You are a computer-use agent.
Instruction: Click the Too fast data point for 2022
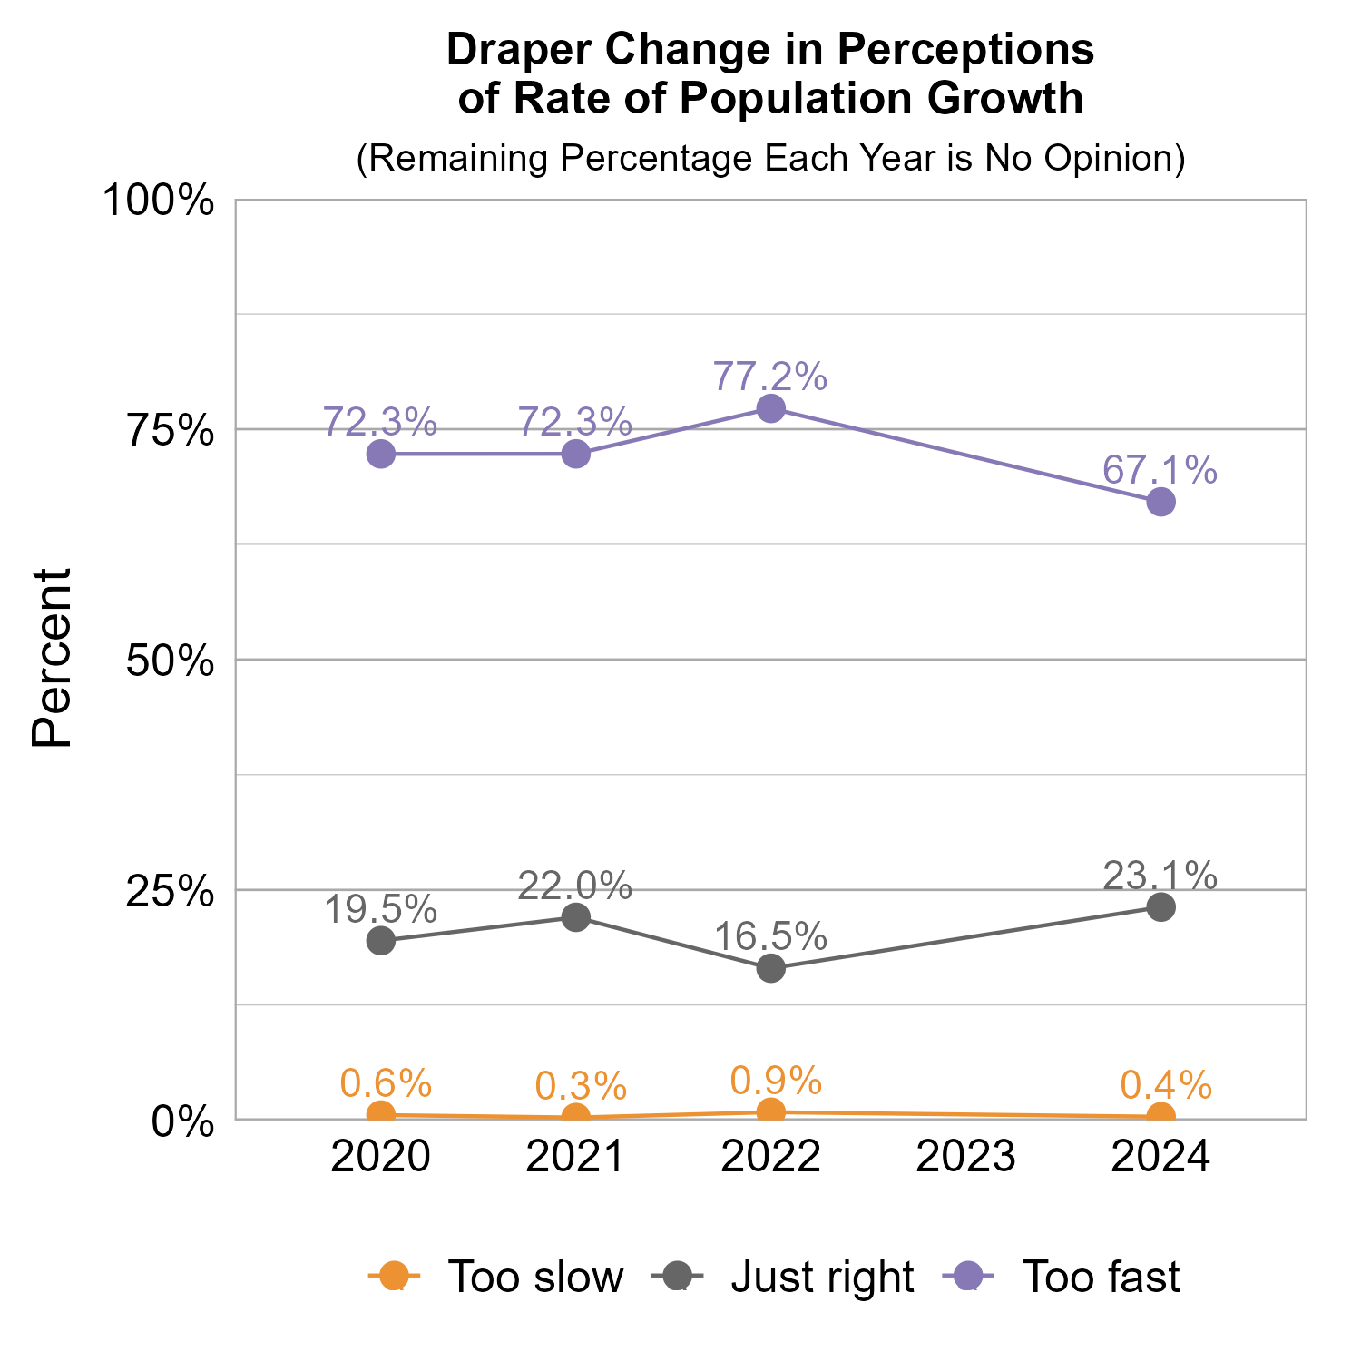[x=770, y=408]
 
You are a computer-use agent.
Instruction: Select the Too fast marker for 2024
[x=1160, y=502]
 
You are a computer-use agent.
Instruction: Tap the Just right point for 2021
[x=575, y=917]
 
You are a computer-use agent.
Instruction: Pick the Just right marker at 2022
[x=770, y=968]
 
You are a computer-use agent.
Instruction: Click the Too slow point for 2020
[x=381, y=1114]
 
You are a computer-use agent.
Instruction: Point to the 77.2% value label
[x=770, y=376]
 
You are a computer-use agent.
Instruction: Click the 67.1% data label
[x=1160, y=470]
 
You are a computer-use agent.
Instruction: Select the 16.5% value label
[x=770, y=936]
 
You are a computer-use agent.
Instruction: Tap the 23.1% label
[x=1160, y=876]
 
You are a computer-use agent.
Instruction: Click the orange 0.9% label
[x=776, y=1080]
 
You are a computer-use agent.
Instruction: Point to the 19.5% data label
[x=381, y=909]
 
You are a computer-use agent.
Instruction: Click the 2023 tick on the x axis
[x=965, y=1157]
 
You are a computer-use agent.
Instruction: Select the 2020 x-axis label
[x=381, y=1157]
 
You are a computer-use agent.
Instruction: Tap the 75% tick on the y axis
[x=170, y=431]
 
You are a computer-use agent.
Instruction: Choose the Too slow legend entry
[x=497, y=1277]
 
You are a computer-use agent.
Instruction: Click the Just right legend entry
[x=784, y=1277]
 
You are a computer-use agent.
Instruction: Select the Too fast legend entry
[x=1062, y=1277]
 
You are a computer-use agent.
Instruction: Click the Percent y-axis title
[x=52, y=659]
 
